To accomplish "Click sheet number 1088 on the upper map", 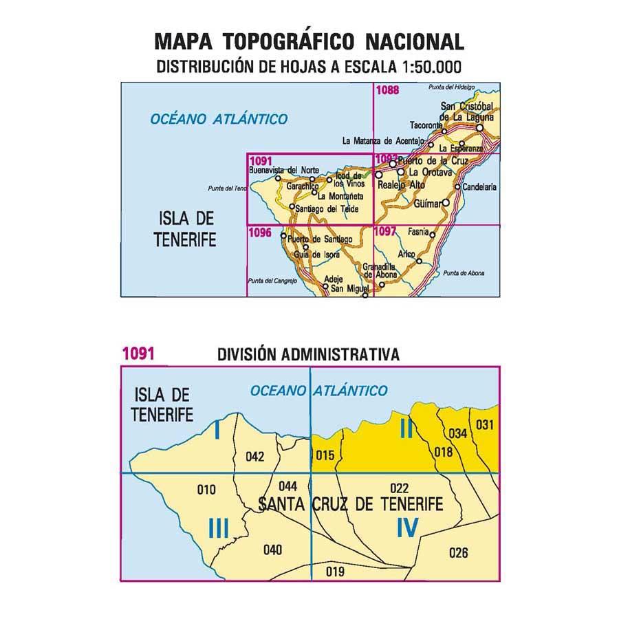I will pyautogui.click(x=388, y=89).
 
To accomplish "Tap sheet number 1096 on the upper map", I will pyautogui.click(x=259, y=232).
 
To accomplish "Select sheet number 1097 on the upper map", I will pyautogui.click(x=386, y=232).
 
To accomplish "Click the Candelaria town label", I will pyautogui.click(x=479, y=186).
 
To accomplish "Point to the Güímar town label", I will pyautogui.click(x=429, y=204).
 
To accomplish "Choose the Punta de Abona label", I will pyautogui.click(x=464, y=274).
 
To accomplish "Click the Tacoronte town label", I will pyautogui.click(x=424, y=126).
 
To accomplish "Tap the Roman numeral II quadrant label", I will pyautogui.click(x=406, y=431).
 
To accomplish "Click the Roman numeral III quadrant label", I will pyautogui.click(x=218, y=528).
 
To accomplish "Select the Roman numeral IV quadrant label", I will pyautogui.click(x=407, y=528).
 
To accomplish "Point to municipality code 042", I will pyautogui.click(x=254, y=455).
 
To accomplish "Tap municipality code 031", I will pyautogui.click(x=485, y=424).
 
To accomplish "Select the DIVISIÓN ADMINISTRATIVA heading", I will pyautogui.click(x=307, y=355).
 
